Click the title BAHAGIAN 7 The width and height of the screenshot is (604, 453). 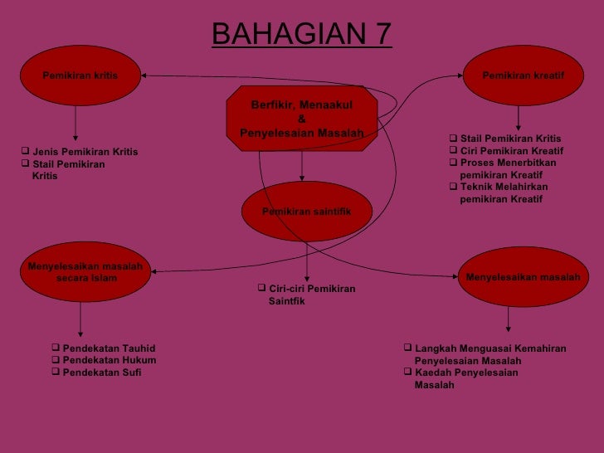pyautogui.click(x=301, y=34)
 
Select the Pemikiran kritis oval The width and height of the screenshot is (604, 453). pyautogui.click(x=80, y=75)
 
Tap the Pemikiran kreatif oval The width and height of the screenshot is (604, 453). pyautogui.click(x=523, y=75)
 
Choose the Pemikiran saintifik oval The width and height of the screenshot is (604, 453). pyautogui.click(x=306, y=212)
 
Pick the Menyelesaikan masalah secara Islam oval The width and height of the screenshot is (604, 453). pyautogui.click(x=85, y=272)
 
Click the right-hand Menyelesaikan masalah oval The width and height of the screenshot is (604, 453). pyautogui.click(x=523, y=277)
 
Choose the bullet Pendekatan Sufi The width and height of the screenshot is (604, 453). pyautogui.click(x=102, y=373)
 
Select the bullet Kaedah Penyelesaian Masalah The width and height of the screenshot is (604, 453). pyautogui.click(x=465, y=379)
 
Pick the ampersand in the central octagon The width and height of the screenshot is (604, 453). pyautogui.click(x=301, y=119)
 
